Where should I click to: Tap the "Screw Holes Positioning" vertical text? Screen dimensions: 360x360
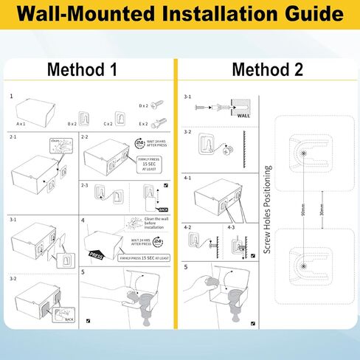coord(268,210)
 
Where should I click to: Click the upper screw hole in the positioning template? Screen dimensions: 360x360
coord(303,151)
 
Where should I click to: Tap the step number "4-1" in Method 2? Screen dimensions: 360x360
coord(187,178)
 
